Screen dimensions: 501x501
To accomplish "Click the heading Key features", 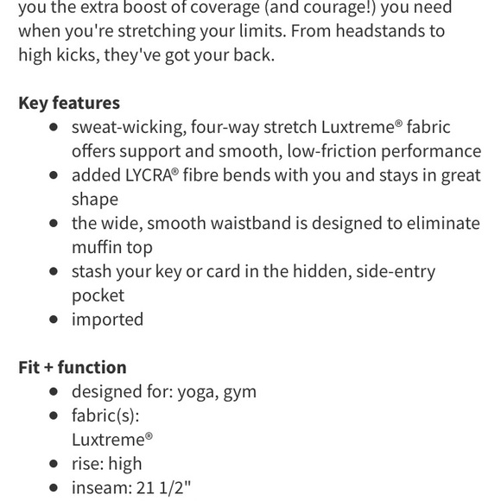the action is [x=69, y=103].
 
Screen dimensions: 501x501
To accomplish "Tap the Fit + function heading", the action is [x=73, y=367].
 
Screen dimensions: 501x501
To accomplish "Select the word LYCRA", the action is [x=149, y=174].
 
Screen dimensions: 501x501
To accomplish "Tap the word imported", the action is [x=107, y=319].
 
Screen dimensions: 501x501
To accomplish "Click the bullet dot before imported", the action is [x=54, y=320].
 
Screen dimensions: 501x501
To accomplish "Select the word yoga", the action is [x=196, y=391].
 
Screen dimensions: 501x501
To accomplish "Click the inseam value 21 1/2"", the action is [x=163, y=487].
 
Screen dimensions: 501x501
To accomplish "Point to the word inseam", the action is [x=100, y=487].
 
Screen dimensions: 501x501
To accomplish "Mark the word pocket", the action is [x=98, y=295].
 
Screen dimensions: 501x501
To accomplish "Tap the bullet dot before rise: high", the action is [x=54, y=464].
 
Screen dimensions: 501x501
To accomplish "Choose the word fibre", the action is [x=206, y=174].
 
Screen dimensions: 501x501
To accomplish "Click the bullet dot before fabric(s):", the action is [x=54, y=415].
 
